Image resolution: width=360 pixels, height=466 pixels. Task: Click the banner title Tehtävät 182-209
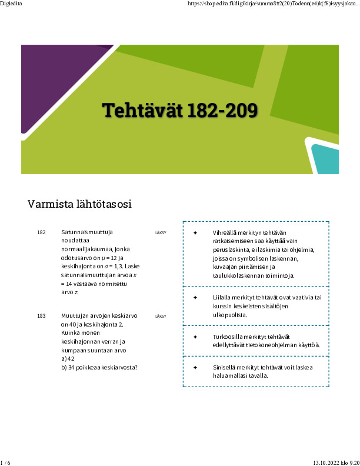coord(179,110)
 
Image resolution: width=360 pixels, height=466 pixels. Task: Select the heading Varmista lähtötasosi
coord(79,205)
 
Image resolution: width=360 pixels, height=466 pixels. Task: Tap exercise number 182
coord(41,232)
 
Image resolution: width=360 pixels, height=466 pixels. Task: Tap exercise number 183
coord(41,317)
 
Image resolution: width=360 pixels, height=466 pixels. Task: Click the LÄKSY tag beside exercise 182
coord(161,232)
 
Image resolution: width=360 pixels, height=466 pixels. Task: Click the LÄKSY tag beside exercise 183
coord(161,317)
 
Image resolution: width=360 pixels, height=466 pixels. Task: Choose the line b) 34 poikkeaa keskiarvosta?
coord(99,367)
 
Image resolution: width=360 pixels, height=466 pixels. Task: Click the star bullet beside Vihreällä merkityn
coord(195,233)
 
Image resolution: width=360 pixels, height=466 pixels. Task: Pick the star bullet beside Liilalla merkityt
coord(195,298)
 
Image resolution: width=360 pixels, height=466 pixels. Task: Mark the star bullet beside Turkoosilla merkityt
coord(195,337)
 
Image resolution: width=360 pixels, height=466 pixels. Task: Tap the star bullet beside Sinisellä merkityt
coord(195,367)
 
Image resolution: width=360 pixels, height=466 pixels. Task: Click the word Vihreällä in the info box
coord(225,233)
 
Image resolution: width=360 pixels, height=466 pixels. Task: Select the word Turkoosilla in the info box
coord(228,337)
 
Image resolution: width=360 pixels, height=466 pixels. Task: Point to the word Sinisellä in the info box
coord(225,367)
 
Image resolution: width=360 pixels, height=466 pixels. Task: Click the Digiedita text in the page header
coord(11,4)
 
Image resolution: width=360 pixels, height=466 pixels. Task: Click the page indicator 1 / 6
coord(6,462)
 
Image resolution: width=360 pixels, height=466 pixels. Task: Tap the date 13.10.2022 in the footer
coord(325,462)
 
